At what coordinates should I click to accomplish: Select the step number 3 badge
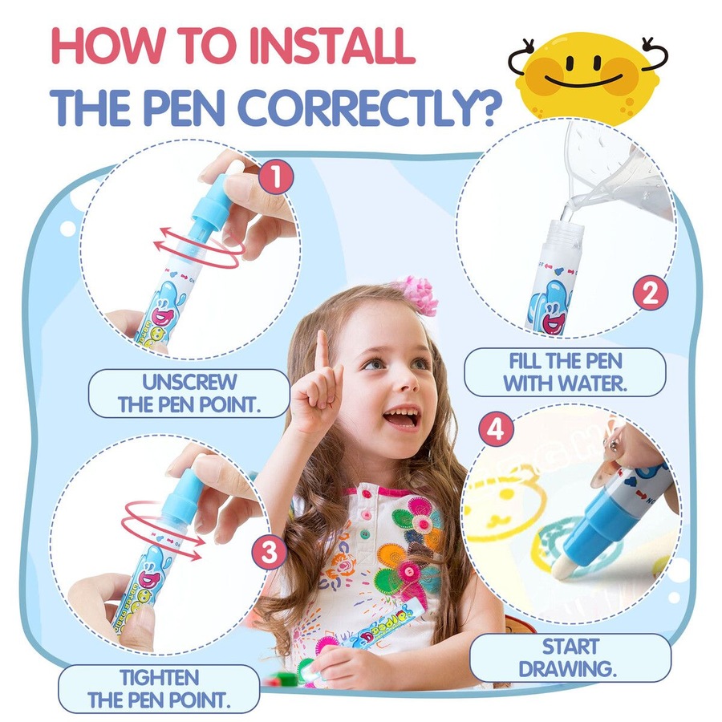pyautogui.click(x=269, y=551)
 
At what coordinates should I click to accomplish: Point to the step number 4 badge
pyautogui.click(x=495, y=430)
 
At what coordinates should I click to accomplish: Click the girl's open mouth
pyautogui.click(x=401, y=417)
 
